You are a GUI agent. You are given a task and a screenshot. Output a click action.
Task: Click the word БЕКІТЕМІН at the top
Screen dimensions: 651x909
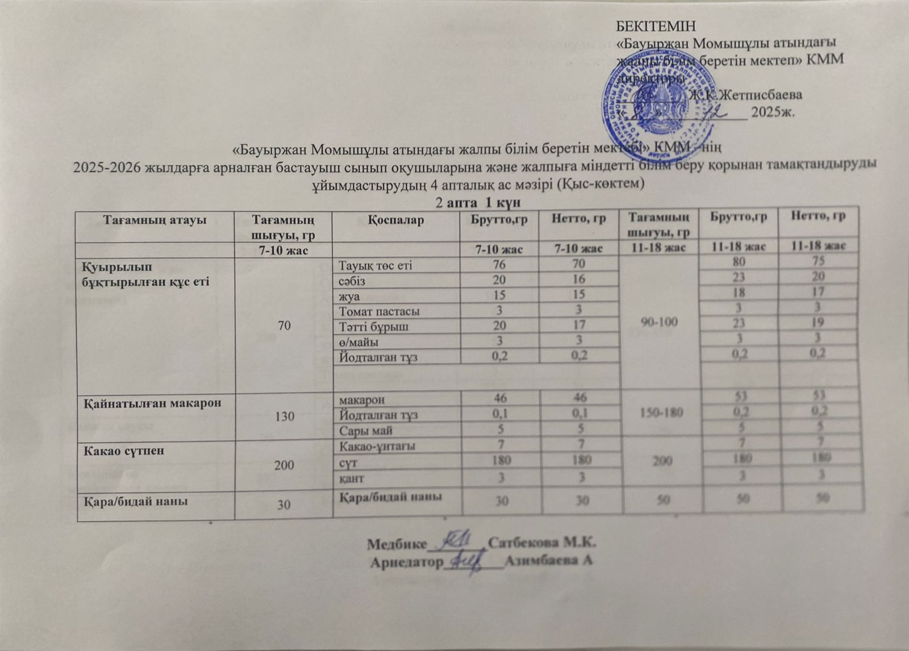656,26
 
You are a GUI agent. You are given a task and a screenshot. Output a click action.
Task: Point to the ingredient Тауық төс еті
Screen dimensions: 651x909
376,265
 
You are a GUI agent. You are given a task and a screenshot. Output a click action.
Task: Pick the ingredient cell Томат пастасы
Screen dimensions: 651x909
380,311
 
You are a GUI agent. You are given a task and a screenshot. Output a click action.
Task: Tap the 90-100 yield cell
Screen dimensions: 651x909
659,322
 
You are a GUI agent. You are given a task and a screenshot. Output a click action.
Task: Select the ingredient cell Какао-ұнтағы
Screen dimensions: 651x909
377,446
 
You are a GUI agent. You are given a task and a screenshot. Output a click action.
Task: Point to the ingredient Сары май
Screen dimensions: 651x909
366,431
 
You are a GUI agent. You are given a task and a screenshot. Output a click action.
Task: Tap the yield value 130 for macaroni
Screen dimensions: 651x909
284,416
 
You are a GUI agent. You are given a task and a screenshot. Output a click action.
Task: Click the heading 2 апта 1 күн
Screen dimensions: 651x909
478,202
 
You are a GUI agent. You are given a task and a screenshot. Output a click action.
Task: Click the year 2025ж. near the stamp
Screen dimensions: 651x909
773,112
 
